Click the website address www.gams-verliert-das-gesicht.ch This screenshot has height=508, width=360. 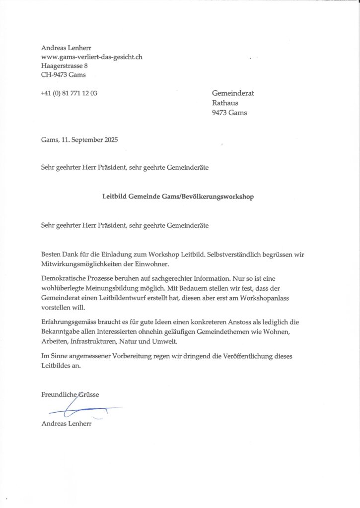[x=92, y=57]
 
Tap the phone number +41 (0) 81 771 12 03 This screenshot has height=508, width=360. [x=69, y=93]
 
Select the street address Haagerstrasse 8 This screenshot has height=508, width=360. [x=65, y=65]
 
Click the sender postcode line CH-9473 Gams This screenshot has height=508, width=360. [x=64, y=75]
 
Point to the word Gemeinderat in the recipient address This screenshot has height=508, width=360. [x=233, y=93]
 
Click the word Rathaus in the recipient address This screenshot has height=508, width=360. [x=225, y=103]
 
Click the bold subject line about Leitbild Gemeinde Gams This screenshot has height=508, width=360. [x=178, y=196]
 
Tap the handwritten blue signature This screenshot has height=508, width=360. [x=79, y=410]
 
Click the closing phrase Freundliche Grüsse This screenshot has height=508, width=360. [x=70, y=394]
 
